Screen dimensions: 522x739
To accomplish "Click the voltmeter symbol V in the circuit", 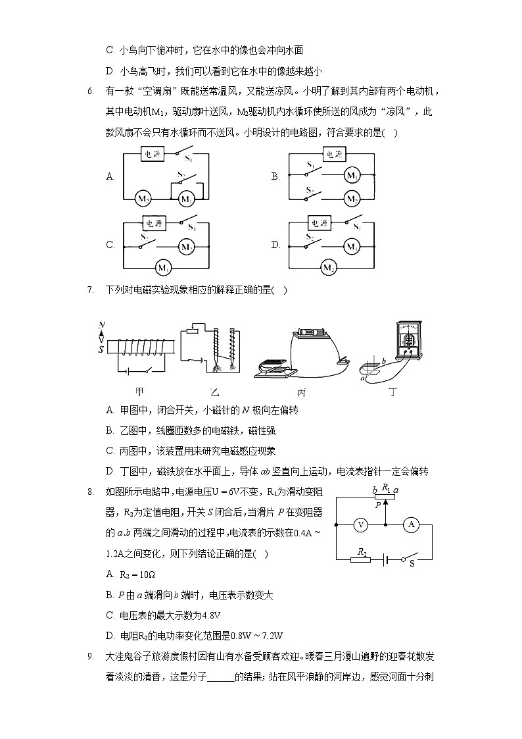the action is coord(360,524).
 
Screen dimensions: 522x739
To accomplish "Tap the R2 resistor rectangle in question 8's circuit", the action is coord(361,559).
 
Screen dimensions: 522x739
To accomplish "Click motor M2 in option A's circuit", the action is coord(143,198).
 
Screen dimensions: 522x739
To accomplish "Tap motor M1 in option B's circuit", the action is coord(352,176).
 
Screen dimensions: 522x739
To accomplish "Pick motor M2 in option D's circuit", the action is coord(328,267).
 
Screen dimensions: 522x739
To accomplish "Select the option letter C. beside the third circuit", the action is coord(110,245).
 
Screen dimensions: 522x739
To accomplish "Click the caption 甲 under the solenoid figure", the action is coord(139,392).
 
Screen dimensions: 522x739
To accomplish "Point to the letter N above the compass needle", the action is coord(101,324).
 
